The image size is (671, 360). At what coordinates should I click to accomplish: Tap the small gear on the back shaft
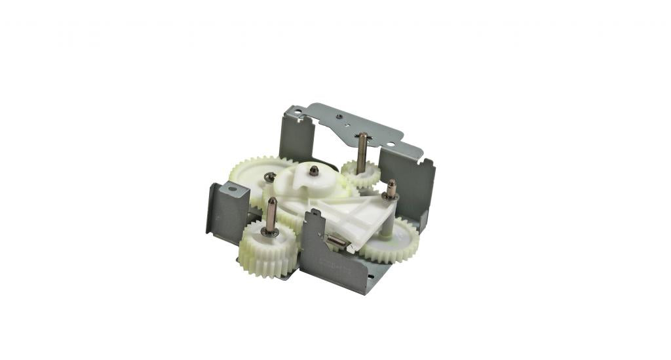coord(360,174)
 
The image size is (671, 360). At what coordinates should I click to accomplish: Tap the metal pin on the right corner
coord(391,189)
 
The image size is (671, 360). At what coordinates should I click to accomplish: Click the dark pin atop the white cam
coord(314,170)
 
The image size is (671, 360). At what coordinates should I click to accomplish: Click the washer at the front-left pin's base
coord(270,232)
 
